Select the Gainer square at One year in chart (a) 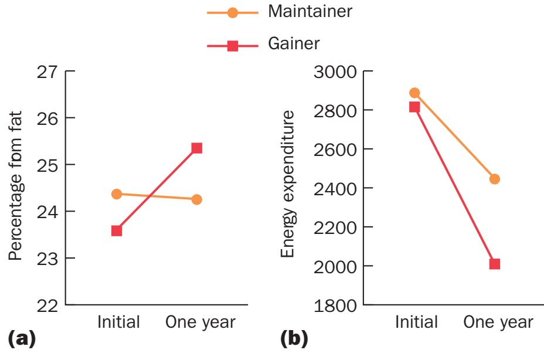tap(196, 148)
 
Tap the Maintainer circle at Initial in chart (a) tap(117, 194)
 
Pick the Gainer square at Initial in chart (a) tap(117, 230)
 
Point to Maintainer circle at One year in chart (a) tap(196, 199)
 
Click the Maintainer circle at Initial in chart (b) tap(414, 93)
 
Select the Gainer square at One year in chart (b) tap(494, 264)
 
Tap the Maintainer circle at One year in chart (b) tap(494, 179)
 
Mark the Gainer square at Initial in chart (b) tap(414, 107)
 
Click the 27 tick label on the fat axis tap(50, 72)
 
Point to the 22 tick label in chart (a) tap(50, 305)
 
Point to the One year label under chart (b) tap(498, 322)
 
